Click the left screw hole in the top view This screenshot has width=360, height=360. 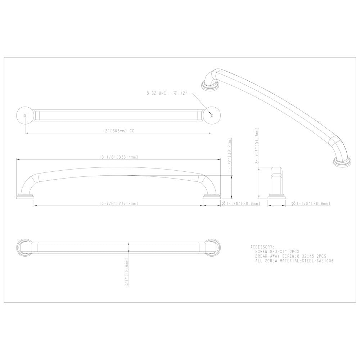[24, 115]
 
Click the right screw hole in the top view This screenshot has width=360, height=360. [212, 115]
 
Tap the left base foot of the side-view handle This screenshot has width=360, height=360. [26, 197]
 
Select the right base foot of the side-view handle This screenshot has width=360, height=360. [211, 197]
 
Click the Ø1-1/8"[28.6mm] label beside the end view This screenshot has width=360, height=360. [311, 203]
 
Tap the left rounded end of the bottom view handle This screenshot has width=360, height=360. [22, 248]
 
